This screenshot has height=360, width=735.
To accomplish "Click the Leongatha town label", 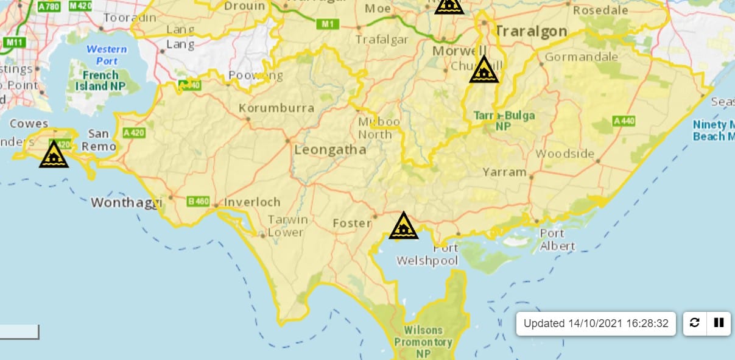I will click(330, 149).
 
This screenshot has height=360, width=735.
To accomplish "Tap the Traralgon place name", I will click(530, 31).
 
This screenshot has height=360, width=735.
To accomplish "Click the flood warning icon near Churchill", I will click(484, 70).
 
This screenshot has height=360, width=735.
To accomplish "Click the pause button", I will click(719, 323).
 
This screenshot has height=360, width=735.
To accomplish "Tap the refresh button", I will click(695, 323).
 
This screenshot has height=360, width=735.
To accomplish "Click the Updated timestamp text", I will click(596, 323).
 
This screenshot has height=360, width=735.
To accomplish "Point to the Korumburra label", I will click(276, 108).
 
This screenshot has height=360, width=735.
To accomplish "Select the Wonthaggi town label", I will click(127, 202).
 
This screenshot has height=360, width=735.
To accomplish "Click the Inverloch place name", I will click(252, 202).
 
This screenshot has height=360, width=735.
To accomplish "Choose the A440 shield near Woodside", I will click(624, 121).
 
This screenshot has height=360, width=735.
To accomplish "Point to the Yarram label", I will click(504, 172).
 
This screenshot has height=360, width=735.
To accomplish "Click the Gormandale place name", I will click(582, 57).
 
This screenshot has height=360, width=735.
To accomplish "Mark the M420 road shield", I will click(80, 5).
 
